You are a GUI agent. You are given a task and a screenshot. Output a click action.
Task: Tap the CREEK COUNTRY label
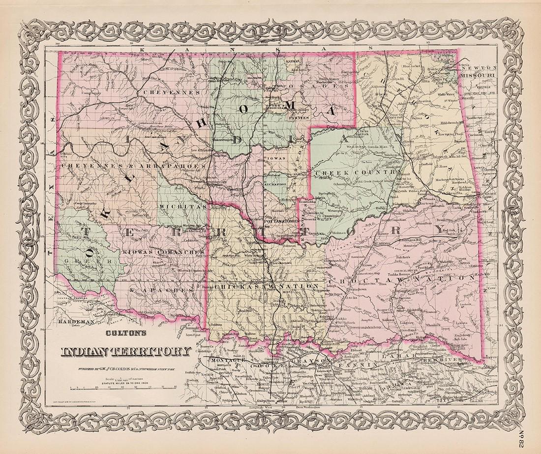point(357,172)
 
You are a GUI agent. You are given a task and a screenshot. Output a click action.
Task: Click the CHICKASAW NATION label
point(268,286)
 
